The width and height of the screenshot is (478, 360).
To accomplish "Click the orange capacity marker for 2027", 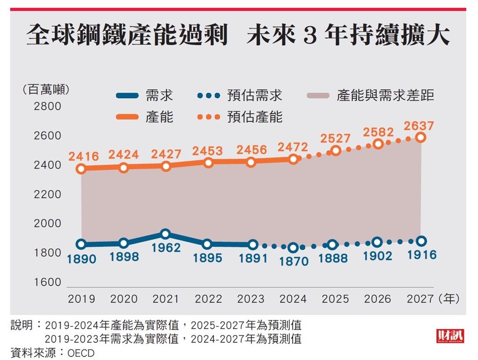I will [x=421, y=137].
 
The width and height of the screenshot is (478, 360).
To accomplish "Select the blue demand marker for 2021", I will [x=165, y=234].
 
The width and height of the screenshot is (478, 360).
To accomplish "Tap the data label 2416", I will [x=84, y=156].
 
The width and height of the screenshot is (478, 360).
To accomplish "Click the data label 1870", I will [x=294, y=261].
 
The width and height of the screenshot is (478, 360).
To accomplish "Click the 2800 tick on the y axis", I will [x=48, y=106].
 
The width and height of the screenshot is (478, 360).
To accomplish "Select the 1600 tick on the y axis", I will [x=48, y=282].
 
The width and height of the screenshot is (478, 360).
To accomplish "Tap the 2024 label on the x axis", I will [x=293, y=299].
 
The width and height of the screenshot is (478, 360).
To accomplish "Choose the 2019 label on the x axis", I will [x=81, y=299].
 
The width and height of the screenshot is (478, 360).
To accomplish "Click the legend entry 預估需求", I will [x=255, y=96].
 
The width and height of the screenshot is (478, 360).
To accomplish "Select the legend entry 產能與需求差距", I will [x=385, y=96].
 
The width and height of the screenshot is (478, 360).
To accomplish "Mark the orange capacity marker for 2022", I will [x=208, y=162].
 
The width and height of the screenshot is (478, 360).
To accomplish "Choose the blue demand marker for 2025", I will [x=332, y=245].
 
